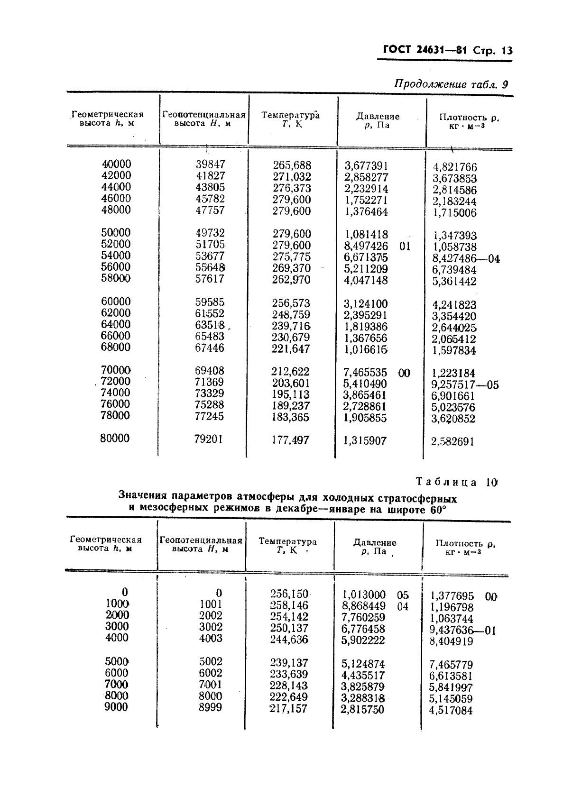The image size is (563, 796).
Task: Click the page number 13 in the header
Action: point(507,51)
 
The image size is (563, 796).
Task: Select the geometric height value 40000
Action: point(117,164)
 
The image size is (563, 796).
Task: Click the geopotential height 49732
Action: point(210,233)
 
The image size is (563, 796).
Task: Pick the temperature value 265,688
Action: point(292,165)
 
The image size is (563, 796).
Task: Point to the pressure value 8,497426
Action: point(366,246)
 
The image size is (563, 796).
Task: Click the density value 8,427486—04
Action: point(466,258)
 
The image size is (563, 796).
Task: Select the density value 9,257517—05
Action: point(465,384)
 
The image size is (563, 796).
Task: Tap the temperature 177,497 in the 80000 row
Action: point(290,440)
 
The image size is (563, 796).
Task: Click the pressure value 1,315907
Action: point(365,441)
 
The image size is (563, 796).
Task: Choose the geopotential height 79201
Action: point(209,439)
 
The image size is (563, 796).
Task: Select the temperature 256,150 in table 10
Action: point(289,594)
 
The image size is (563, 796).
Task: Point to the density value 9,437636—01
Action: point(463,631)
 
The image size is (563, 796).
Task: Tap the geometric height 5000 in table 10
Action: point(116,661)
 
